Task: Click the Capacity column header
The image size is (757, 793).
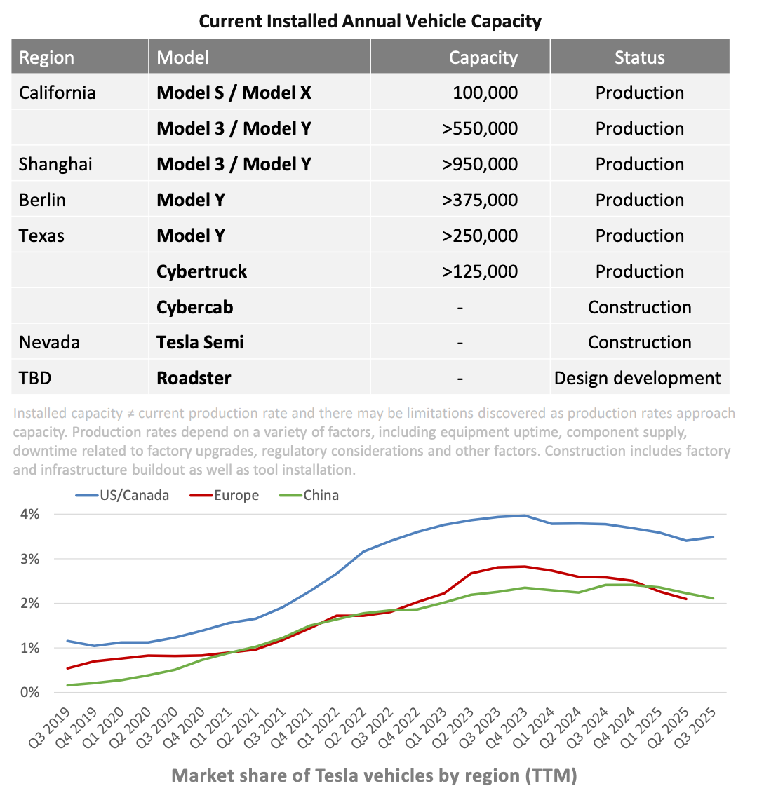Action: click(483, 57)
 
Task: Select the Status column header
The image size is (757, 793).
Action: click(639, 57)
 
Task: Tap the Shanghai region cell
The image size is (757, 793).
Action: click(55, 164)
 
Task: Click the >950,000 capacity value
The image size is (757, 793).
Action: click(480, 164)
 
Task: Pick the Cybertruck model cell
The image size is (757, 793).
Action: click(202, 271)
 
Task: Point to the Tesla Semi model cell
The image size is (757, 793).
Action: click(201, 342)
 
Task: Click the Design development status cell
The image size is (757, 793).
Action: click(638, 378)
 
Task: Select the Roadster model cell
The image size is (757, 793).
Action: click(194, 378)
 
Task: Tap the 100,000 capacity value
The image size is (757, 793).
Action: click(485, 93)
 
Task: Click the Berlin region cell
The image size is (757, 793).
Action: click(42, 200)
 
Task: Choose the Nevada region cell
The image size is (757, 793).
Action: click(49, 342)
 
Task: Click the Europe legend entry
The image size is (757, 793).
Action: click(236, 495)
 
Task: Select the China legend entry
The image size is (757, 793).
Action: click(321, 495)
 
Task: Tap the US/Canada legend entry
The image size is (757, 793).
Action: click(133, 495)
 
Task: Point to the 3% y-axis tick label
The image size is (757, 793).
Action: click(29, 559)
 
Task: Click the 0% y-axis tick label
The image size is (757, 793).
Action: click(29, 692)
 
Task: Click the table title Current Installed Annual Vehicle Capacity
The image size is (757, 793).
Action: click(370, 21)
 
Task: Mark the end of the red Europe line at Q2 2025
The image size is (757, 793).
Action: click(686, 599)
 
